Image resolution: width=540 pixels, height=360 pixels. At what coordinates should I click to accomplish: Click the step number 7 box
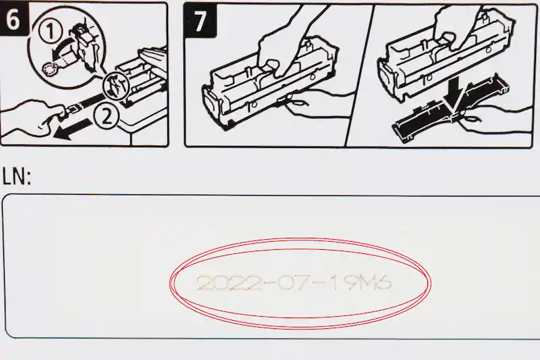[200, 20]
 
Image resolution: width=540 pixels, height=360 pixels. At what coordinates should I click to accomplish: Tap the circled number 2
[106, 118]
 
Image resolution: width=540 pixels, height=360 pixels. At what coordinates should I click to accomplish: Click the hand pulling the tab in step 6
[27, 115]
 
